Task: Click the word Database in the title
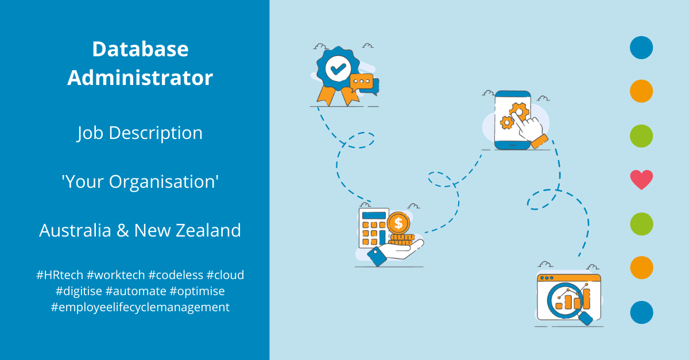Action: tap(140, 49)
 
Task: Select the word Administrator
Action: tap(140, 78)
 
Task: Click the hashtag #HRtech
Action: tap(59, 274)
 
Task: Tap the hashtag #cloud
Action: tap(226, 274)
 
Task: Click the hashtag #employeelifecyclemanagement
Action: tap(140, 307)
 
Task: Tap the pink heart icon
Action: tap(641, 180)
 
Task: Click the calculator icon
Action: tap(373, 228)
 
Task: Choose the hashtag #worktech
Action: tap(113, 274)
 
